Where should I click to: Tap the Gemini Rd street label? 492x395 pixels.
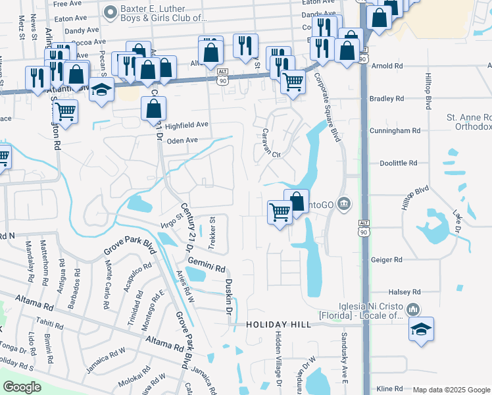tap(206, 265)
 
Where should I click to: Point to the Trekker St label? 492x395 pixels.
tap(212, 234)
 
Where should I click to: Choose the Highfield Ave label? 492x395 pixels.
tap(187, 124)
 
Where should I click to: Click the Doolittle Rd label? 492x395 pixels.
tap(399, 163)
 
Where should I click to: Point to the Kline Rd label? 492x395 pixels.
tap(389, 389)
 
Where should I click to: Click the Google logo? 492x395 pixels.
tap(22, 388)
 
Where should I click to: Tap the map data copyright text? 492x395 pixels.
tap(451, 390)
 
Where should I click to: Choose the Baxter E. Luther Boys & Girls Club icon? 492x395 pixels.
tap(110, 11)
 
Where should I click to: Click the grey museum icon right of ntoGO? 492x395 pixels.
tap(343, 205)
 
